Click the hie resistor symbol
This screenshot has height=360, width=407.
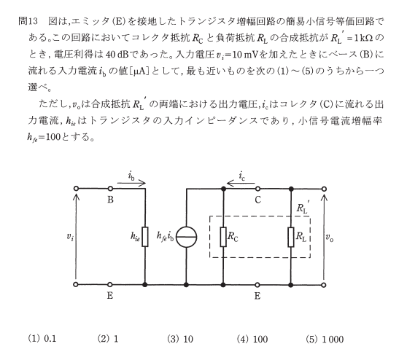pyautogui.click(x=145, y=237)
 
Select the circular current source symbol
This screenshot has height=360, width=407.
pyautogui.click(x=186, y=237)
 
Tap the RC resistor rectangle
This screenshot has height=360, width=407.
pyautogui.click(x=223, y=237)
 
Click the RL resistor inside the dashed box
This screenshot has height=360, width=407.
pyautogui.click(x=291, y=237)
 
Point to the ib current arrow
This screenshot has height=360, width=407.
pyautogui.click(x=131, y=184)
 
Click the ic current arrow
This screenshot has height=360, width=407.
pyautogui.click(x=241, y=184)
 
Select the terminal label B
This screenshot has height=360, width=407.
pyautogui.click(x=110, y=200)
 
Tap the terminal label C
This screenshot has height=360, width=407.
pyautogui.click(x=257, y=200)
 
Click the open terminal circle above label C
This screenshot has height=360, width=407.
pyautogui.click(x=257, y=189)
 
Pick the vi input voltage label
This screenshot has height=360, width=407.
pyautogui.click(x=70, y=237)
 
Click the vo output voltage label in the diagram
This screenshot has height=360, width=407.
pyautogui.click(x=330, y=238)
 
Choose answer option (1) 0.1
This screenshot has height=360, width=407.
pyautogui.click(x=42, y=339)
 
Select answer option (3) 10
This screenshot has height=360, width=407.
pyautogui.click(x=180, y=339)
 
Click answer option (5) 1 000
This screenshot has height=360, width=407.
pyautogui.click(x=325, y=339)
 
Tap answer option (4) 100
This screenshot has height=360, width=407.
pyautogui.click(x=252, y=339)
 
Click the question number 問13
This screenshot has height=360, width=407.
pyautogui.click(x=28, y=21)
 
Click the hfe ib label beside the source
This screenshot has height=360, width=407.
pyautogui.click(x=166, y=237)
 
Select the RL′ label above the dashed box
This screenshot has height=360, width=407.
pyautogui.click(x=303, y=207)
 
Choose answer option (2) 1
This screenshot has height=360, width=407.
pyautogui.click(x=108, y=339)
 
